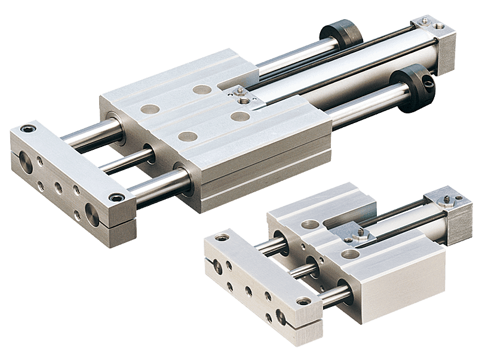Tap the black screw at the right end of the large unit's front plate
(113, 198)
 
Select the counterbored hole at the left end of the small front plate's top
(222, 237)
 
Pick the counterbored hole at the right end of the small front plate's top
(305, 301)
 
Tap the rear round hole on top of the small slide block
(310, 224)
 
